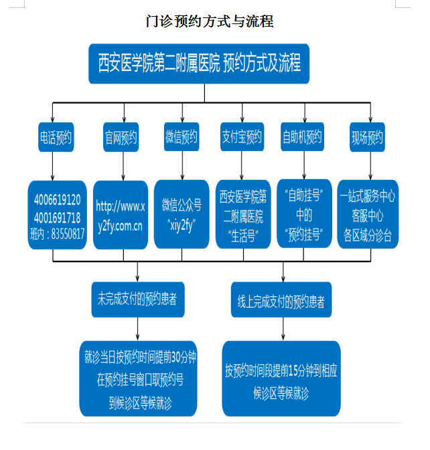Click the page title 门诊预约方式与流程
pyautogui.click(x=210, y=21)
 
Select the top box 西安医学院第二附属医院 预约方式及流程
pyautogui.click(x=199, y=64)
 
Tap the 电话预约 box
pyautogui.click(x=55, y=138)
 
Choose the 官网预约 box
pyautogui.click(x=121, y=138)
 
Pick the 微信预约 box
pyautogui.click(x=181, y=138)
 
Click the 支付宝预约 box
pyautogui.click(x=242, y=138)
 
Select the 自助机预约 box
pyautogui.click(x=301, y=138)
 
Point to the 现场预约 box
pyautogui.click(x=367, y=138)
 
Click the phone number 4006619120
pyautogui.click(x=57, y=200)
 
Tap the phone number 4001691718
pyautogui.click(x=57, y=217)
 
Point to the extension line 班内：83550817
pyautogui.click(x=57, y=233)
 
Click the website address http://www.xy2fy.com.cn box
pyautogui.click(x=120, y=215)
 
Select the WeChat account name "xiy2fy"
pyautogui.click(x=180, y=225)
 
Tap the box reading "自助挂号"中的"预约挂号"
pyautogui.click(x=305, y=215)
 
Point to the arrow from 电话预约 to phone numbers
pyautogui.click(x=52, y=166)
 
